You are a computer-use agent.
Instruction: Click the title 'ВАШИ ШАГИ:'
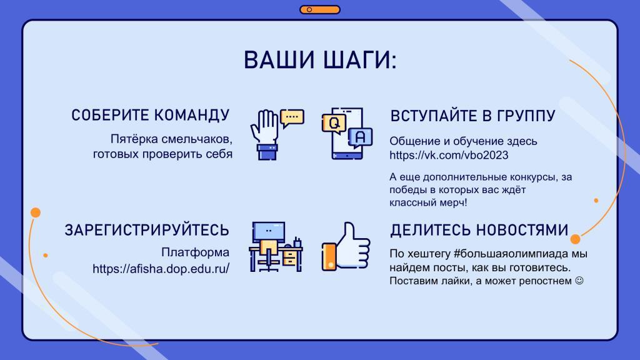pyautogui.click(x=320, y=60)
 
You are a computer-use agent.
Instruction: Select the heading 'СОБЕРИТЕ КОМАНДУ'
pyautogui.click(x=151, y=116)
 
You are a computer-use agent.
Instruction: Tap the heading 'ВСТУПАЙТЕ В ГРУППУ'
pyautogui.click(x=472, y=116)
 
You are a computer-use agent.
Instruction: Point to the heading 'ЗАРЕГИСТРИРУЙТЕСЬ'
pyautogui.click(x=147, y=230)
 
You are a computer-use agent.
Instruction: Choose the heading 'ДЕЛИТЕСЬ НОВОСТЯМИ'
pyautogui.click(x=479, y=230)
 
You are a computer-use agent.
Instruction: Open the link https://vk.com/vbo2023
pyautogui.click(x=449, y=155)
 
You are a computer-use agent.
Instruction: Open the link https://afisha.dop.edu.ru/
pyautogui.click(x=161, y=269)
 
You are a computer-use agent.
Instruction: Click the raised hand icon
pyautogui.click(x=265, y=135)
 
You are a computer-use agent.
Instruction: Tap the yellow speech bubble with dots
pyautogui.click(x=292, y=118)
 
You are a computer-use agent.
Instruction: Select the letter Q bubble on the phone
pyautogui.click(x=334, y=124)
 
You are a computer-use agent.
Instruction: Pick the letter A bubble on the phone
pyautogui.click(x=360, y=137)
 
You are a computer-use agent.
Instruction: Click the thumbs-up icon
pyautogui.click(x=346, y=246)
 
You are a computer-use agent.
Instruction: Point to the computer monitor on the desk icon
pyautogui.click(x=269, y=231)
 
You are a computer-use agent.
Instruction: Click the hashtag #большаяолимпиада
pyautogui.click(x=511, y=254)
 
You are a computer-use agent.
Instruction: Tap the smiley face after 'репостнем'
pyautogui.click(x=579, y=281)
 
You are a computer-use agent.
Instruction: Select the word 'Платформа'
pyautogui.click(x=195, y=252)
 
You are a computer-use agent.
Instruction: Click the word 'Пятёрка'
pyautogui.click(x=134, y=139)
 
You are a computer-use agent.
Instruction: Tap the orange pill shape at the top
pyautogui.click(x=320, y=9)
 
